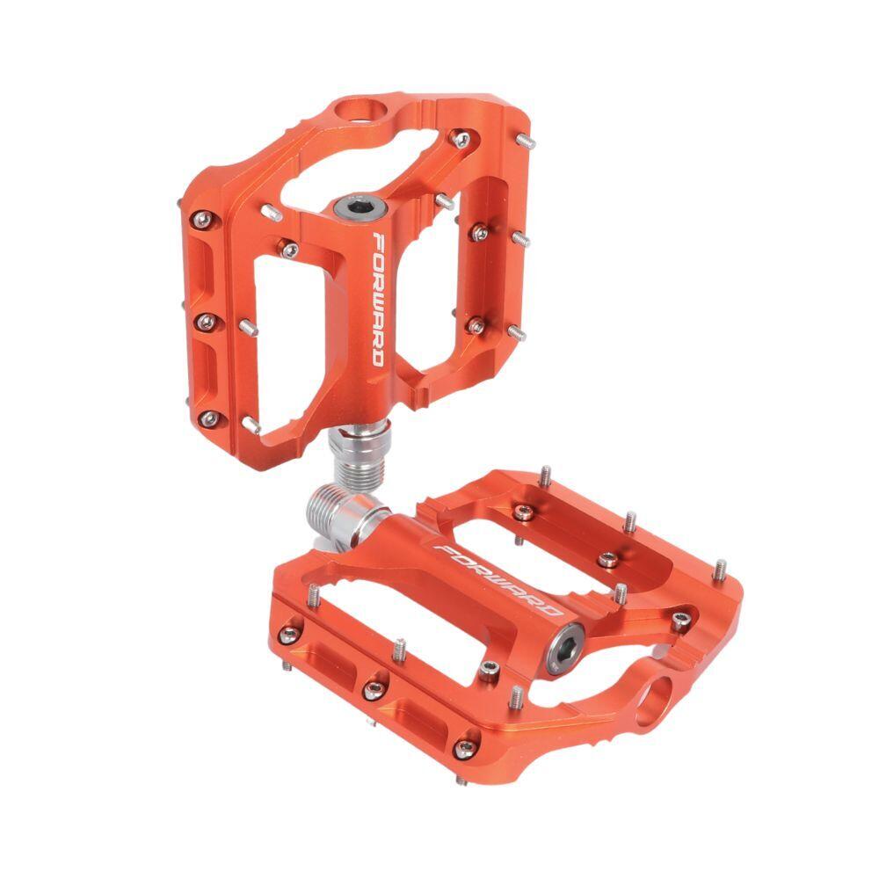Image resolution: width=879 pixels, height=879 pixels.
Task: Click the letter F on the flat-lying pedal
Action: tap(444, 550)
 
